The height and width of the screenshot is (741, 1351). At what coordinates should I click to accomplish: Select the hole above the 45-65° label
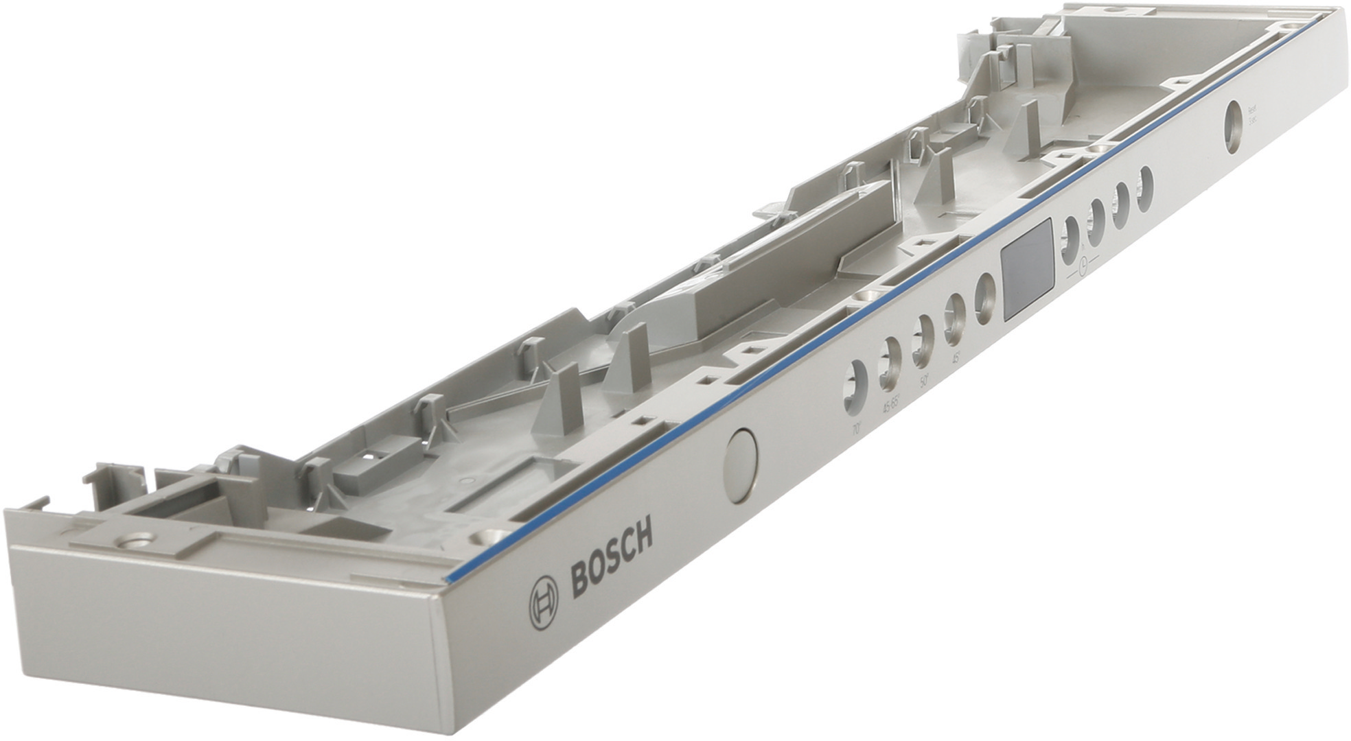(889, 364)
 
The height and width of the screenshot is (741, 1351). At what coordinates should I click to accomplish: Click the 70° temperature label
(856, 430)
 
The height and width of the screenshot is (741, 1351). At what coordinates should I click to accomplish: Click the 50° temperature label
(924, 381)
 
